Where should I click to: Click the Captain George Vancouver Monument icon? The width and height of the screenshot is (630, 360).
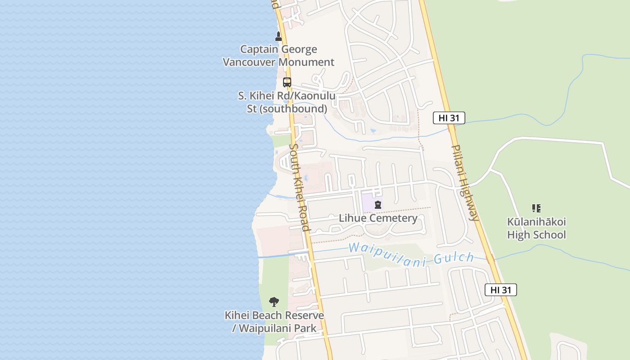click(279, 36)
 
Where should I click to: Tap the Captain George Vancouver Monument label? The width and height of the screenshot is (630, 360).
click(279, 56)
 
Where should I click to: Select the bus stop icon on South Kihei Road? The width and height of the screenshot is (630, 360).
click(287, 82)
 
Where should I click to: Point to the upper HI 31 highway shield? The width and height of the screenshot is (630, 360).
click(449, 118)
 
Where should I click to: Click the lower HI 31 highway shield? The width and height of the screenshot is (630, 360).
click(500, 290)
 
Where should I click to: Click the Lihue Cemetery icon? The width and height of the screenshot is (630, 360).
click(378, 205)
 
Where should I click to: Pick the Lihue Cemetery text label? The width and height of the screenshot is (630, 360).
click(378, 218)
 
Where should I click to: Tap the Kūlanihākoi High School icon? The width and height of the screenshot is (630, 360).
click(536, 208)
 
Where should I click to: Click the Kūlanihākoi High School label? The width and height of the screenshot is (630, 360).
click(536, 228)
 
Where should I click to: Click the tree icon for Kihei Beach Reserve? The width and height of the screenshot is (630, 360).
click(274, 301)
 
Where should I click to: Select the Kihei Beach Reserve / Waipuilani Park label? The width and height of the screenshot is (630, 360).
click(274, 322)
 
